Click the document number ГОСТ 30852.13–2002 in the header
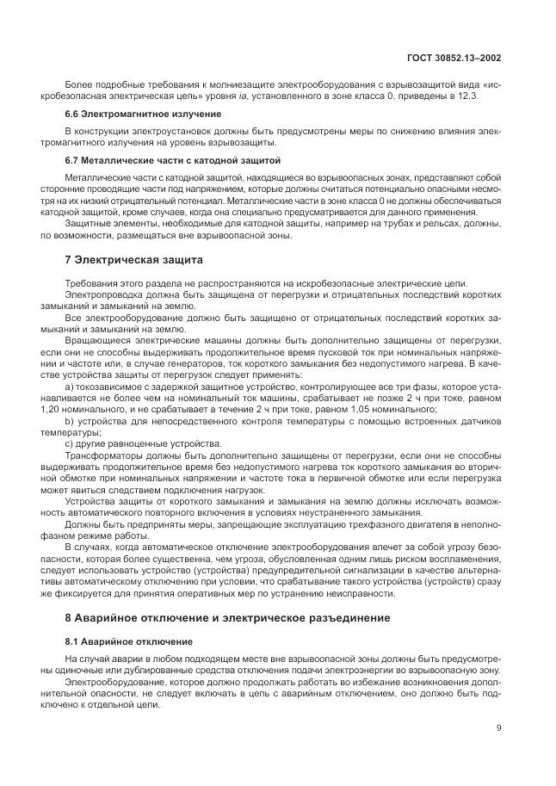pos(454,59)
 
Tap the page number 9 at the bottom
pos(498,727)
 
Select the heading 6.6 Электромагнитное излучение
pos(119,114)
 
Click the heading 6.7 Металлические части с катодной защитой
pos(161,160)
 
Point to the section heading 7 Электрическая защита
pos(133,259)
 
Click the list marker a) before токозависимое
pos(70,387)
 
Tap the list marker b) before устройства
pos(70,421)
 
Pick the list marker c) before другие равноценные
pos(70,443)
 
